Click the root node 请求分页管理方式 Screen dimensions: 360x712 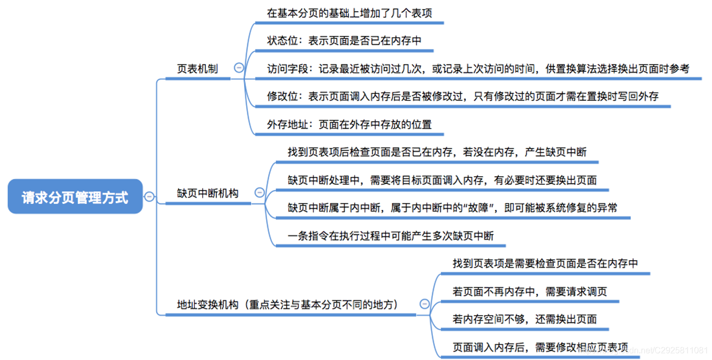point(75,197)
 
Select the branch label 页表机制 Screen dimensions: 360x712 point(197,69)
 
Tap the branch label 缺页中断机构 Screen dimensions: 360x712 point(207,193)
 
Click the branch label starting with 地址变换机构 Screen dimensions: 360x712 point(287,305)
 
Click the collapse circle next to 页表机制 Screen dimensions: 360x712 point(239,68)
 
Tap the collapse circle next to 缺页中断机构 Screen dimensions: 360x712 point(259,193)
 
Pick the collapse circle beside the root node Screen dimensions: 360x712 point(149,197)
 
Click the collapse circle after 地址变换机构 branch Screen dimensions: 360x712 point(424,304)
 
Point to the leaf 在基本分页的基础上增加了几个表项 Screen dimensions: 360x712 point(349,13)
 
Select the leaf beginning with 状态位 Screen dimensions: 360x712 point(344,41)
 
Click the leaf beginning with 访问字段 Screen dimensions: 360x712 point(478,69)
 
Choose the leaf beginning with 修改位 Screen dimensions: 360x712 point(462,96)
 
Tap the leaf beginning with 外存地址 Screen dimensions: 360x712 point(349,125)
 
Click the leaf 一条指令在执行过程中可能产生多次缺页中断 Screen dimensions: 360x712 point(391,236)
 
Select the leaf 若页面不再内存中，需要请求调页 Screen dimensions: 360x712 point(529,291)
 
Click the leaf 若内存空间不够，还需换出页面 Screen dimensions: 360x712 point(525,319)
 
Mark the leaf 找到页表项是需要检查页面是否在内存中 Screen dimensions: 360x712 point(545,263)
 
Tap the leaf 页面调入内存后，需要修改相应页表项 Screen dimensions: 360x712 point(540,347)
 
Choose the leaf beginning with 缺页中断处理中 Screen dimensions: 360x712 point(442,180)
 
